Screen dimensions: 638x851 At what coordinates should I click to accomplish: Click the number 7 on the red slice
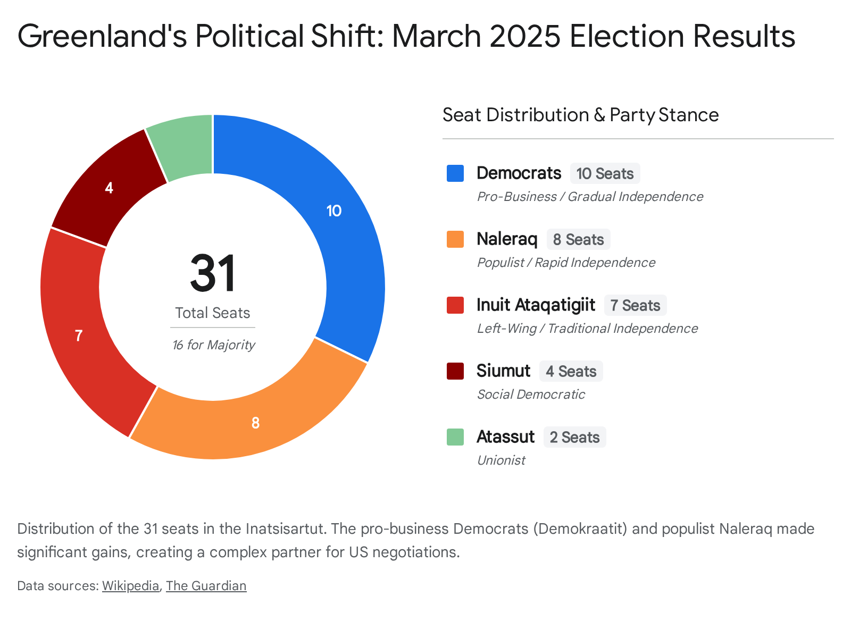click(79, 336)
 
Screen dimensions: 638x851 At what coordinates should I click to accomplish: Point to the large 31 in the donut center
click(213, 274)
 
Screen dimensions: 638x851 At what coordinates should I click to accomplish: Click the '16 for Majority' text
click(213, 345)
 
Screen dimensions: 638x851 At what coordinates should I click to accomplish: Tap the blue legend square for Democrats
click(455, 173)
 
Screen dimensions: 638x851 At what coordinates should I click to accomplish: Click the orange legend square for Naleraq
click(455, 239)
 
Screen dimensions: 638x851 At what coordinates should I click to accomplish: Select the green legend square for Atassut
click(455, 437)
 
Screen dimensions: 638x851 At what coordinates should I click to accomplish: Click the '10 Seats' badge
click(605, 174)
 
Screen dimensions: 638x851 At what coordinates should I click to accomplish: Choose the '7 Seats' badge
click(635, 306)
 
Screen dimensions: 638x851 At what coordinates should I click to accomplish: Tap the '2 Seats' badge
click(574, 438)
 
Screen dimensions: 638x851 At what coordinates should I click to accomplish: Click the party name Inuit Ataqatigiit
click(536, 305)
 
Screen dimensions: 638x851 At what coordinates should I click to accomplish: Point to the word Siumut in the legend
click(503, 371)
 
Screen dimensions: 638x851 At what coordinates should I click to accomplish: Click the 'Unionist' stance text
click(501, 460)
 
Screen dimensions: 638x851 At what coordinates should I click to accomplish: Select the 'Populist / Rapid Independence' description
click(566, 263)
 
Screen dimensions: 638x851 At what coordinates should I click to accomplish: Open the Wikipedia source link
click(130, 586)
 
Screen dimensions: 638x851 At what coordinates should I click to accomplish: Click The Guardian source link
click(206, 586)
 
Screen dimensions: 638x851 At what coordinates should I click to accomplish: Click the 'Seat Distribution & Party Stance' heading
click(580, 115)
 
